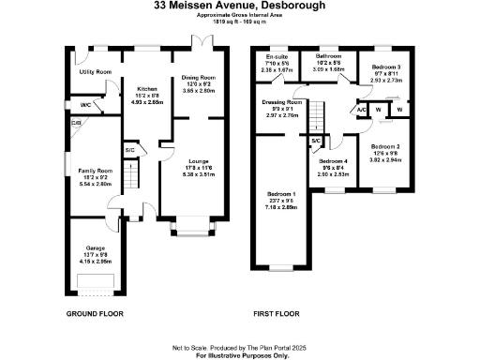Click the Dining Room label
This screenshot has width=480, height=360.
197,79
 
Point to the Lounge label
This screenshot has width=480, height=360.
197,161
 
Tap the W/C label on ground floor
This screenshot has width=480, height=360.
85,105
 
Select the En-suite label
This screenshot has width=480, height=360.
277,57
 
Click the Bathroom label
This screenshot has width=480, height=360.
328,57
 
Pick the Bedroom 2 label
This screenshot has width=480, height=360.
385,148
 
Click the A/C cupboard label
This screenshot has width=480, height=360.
361,110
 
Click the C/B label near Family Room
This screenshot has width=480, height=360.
76,122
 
